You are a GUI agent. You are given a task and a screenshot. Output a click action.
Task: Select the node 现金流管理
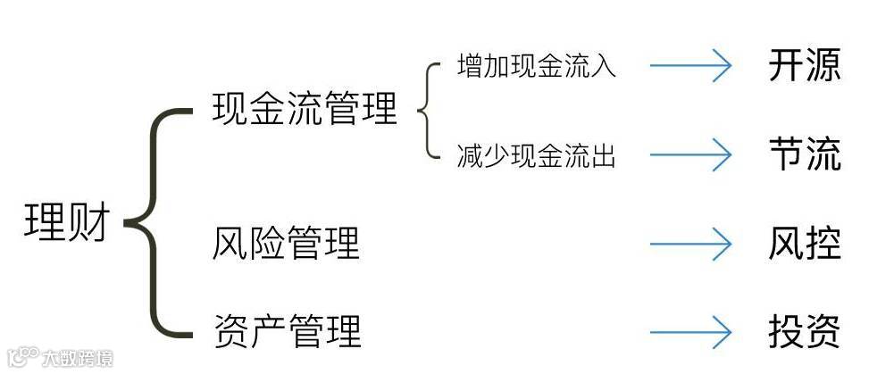click(x=305, y=111)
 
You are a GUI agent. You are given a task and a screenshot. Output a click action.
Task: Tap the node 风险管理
click(x=286, y=244)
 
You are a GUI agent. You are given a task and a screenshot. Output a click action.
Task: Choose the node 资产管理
click(x=287, y=331)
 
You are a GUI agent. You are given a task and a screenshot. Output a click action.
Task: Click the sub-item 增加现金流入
click(x=536, y=67)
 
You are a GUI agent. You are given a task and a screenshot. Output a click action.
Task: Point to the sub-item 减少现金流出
click(x=536, y=156)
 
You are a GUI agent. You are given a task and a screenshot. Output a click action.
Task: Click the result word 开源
click(x=804, y=67)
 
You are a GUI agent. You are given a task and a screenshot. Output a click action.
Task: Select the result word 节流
click(x=804, y=154)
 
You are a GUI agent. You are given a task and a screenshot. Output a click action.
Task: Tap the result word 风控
click(x=804, y=244)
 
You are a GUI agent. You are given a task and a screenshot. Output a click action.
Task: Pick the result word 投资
click(x=804, y=331)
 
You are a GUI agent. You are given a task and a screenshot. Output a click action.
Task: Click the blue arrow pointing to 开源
click(x=690, y=67)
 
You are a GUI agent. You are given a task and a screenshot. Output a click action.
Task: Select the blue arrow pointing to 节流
click(x=690, y=155)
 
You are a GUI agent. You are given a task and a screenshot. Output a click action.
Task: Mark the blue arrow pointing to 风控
click(x=690, y=244)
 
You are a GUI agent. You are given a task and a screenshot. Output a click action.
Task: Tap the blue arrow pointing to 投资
click(x=690, y=332)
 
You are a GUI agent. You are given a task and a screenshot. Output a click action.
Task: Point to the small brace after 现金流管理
click(x=427, y=112)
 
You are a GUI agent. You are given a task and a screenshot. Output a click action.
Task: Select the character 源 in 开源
click(x=823, y=67)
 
